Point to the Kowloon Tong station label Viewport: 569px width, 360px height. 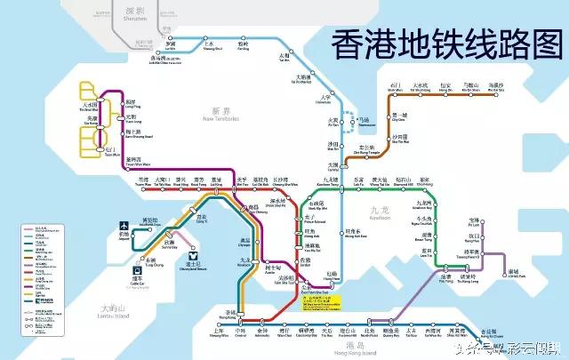click(331, 180)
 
